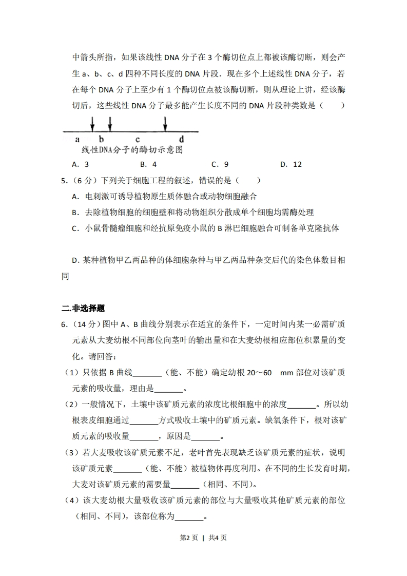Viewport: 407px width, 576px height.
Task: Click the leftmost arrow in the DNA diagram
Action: tap(92, 123)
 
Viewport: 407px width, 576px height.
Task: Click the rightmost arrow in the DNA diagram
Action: tap(165, 123)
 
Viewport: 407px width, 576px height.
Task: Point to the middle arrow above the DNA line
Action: tap(110, 123)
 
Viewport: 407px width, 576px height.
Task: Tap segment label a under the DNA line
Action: tap(77, 139)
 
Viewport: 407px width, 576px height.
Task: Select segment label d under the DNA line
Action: tap(181, 139)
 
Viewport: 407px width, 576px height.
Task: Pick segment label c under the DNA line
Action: tap(138, 139)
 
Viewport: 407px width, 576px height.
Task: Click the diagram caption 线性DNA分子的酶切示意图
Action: tap(132, 150)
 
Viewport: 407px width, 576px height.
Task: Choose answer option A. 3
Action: tap(81, 164)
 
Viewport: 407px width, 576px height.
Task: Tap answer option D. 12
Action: tap(291, 164)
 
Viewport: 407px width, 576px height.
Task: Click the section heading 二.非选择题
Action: tap(83, 309)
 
